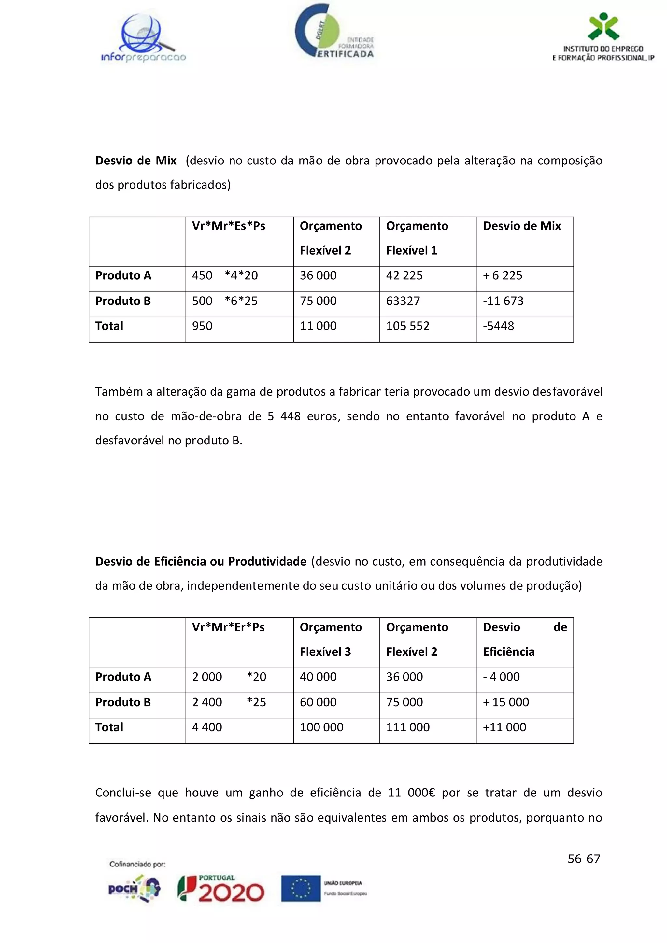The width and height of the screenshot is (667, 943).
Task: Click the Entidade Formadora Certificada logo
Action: click(334, 32)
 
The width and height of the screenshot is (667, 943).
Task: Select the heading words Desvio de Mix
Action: click(136, 161)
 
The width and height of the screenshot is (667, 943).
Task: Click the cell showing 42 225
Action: click(404, 275)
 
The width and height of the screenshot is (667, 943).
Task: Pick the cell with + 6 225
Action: click(503, 275)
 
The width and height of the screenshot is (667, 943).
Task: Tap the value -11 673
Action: click(503, 301)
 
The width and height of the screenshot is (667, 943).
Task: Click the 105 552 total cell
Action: click(407, 326)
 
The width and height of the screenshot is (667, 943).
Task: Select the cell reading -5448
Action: click(498, 326)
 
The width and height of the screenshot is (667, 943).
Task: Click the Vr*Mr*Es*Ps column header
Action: click(229, 226)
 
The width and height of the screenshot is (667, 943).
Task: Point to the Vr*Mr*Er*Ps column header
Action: click(228, 627)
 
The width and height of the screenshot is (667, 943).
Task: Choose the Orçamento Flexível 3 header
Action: click(331, 639)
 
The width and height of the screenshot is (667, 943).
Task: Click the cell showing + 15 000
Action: click(506, 702)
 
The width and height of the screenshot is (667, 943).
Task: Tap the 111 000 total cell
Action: click(407, 727)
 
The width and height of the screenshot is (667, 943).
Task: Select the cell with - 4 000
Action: click(501, 677)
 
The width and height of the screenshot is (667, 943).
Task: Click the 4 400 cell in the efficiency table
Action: click(207, 727)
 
